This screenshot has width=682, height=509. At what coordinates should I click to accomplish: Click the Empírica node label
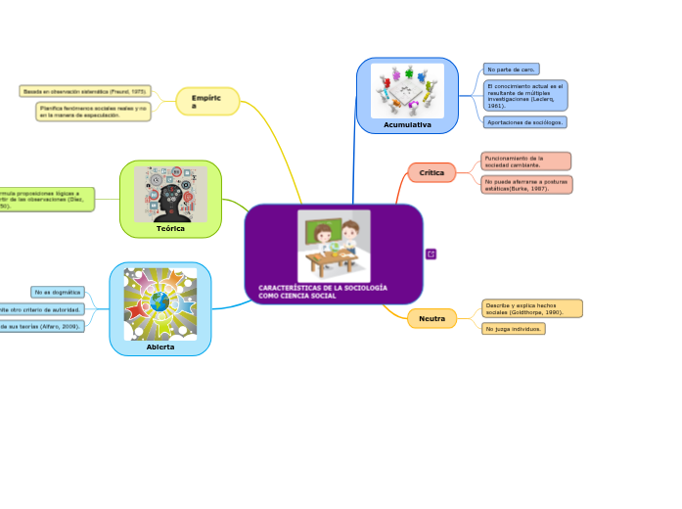206,101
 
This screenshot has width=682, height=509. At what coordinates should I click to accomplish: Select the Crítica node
432,172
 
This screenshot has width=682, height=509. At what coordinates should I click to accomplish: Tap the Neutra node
432,318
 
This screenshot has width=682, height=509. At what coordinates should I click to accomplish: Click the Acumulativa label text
407,125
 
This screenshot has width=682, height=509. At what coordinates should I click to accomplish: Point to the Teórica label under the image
170,228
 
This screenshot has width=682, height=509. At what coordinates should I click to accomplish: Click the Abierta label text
159,347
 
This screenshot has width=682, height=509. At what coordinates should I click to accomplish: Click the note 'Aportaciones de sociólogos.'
525,122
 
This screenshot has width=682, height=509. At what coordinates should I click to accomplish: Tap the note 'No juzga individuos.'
514,329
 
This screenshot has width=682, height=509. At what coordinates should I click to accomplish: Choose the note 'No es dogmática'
57,292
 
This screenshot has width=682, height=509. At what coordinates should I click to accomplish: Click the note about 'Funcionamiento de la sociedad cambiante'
525,161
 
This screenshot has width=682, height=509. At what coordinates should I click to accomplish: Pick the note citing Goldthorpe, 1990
532,308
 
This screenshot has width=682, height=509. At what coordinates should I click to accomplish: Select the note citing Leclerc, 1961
525,95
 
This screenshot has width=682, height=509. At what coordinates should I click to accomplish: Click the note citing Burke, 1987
526,184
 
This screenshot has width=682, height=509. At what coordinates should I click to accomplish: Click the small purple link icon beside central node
432,254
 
